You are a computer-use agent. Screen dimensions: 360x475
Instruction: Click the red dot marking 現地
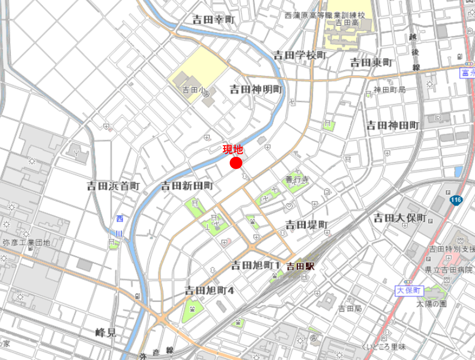point(236,163)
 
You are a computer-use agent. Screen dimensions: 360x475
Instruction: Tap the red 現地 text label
point(233,150)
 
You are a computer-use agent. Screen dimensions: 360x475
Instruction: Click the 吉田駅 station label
point(301,266)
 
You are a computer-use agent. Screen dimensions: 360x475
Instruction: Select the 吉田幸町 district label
point(214,20)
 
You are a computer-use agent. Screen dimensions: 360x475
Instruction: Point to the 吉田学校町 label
point(300,55)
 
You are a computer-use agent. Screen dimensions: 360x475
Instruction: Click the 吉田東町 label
point(371,63)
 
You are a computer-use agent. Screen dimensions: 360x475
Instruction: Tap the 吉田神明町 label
point(256,89)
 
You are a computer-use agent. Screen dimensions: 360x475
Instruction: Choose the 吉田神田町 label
point(393,125)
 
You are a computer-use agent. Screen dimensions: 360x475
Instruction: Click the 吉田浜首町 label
point(113,186)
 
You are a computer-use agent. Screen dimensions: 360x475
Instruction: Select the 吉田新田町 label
point(187,186)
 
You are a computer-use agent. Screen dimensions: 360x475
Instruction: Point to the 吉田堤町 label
point(307,224)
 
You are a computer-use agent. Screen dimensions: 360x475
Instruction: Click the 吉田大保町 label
point(400,218)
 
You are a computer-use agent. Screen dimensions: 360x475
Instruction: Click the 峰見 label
point(106,333)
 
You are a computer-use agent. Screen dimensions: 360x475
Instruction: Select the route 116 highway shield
point(456,201)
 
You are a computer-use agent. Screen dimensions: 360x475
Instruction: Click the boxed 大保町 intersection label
point(409,291)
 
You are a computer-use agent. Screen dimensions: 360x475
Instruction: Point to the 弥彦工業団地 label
point(27,243)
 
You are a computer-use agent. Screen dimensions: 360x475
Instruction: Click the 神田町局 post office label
point(389,90)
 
